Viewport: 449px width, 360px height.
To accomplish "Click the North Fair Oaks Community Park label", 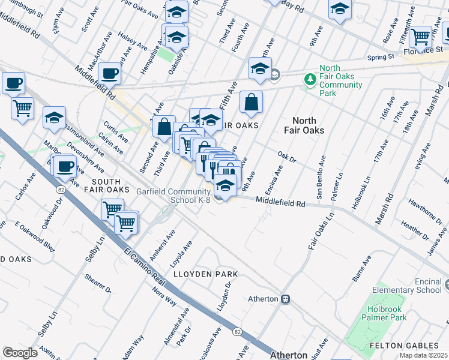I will click(x=340, y=80).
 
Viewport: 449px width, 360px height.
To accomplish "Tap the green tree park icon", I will click(x=310, y=79).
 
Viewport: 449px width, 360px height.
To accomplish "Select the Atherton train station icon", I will click(x=286, y=298).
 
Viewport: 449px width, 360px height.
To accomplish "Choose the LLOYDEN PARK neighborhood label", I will click(x=205, y=274).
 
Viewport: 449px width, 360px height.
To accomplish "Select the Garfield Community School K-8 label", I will click(x=174, y=196).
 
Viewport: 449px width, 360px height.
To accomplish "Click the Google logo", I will click(x=20, y=352).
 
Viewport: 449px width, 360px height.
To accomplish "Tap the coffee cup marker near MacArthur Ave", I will click(x=110, y=74).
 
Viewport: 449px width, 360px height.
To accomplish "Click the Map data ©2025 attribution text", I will click(x=423, y=355).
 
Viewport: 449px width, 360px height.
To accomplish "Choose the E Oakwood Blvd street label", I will click(x=26, y=235).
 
